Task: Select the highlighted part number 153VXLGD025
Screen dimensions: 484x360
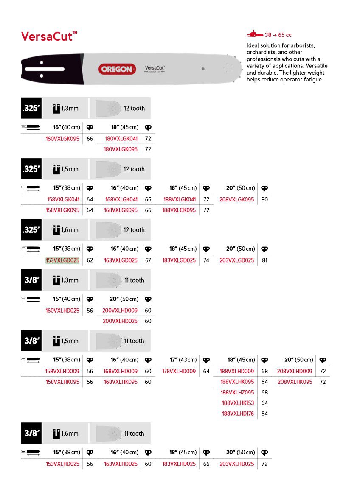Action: pyautogui.click(x=62, y=260)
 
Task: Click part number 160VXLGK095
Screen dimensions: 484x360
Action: pyautogui.click(x=62, y=139)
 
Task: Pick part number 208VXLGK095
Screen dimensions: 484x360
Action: pyautogui.click(x=237, y=199)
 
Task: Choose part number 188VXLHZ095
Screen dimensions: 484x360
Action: pyautogui.click(x=237, y=392)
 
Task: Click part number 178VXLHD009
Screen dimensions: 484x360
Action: pyautogui.click(x=179, y=372)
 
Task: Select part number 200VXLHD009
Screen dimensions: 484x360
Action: pyautogui.click(x=120, y=311)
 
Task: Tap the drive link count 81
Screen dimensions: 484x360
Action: pyautogui.click(x=264, y=260)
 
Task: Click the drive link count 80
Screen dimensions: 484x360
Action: pyautogui.click(x=264, y=199)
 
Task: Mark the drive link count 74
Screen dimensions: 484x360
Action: pyautogui.click(x=206, y=260)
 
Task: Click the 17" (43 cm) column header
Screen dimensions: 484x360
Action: pyautogui.click(x=183, y=360)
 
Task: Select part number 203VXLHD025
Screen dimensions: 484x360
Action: pyautogui.click(x=237, y=464)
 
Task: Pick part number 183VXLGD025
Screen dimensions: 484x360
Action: pyautogui.click(x=179, y=260)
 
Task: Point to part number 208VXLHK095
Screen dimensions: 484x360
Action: pyautogui.click(x=295, y=382)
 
